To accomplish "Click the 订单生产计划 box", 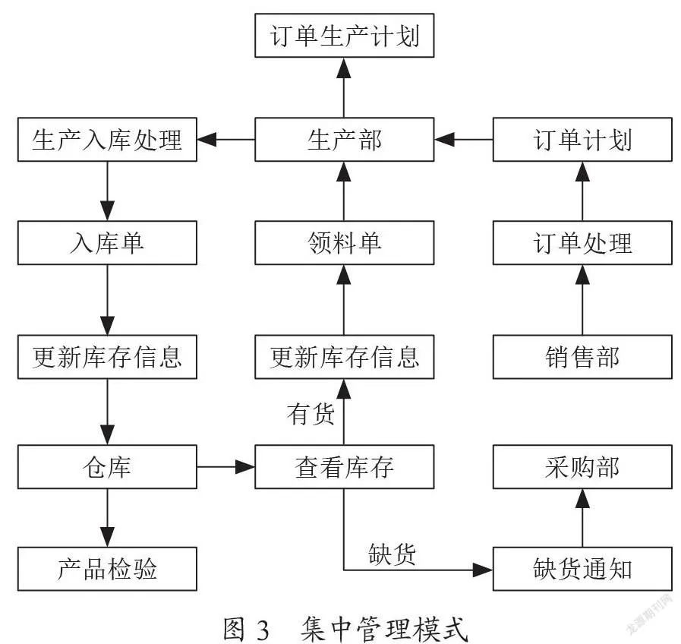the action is pyautogui.click(x=345, y=35).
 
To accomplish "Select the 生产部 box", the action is pyautogui.click(x=345, y=140).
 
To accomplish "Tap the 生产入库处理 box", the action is pyautogui.click(x=107, y=140).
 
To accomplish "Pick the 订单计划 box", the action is pyautogui.click(x=582, y=140).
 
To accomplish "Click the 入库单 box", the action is pyautogui.click(x=107, y=242).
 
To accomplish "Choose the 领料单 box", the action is pyautogui.click(x=345, y=242).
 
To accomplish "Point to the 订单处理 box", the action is pyautogui.click(x=582, y=242).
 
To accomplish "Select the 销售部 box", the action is pyautogui.click(x=582, y=357).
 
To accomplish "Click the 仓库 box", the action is pyautogui.click(x=107, y=467).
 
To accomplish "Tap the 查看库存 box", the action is pyautogui.click(x=345, y=467).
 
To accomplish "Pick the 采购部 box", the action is pyautogui.click(x=582, y=467).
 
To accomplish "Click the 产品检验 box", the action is pyautogui.click(x=107, y=569).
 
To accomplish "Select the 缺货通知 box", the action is pyautogui.click(x=582, y=569).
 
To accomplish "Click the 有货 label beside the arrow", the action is pyautogui.click(x=311, y=413).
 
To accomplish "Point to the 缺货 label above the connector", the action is pyautogui.click(x=393, y=554).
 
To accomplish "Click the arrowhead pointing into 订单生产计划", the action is pyautogui.click(x=344, y=68).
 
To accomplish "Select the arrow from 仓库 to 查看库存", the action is pyautogui.click(x=225, y=467).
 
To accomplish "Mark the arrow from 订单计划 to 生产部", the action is pyautogui.click(x=463, y=140).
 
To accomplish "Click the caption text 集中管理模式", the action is pyautogui.click(x=384, y=629).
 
